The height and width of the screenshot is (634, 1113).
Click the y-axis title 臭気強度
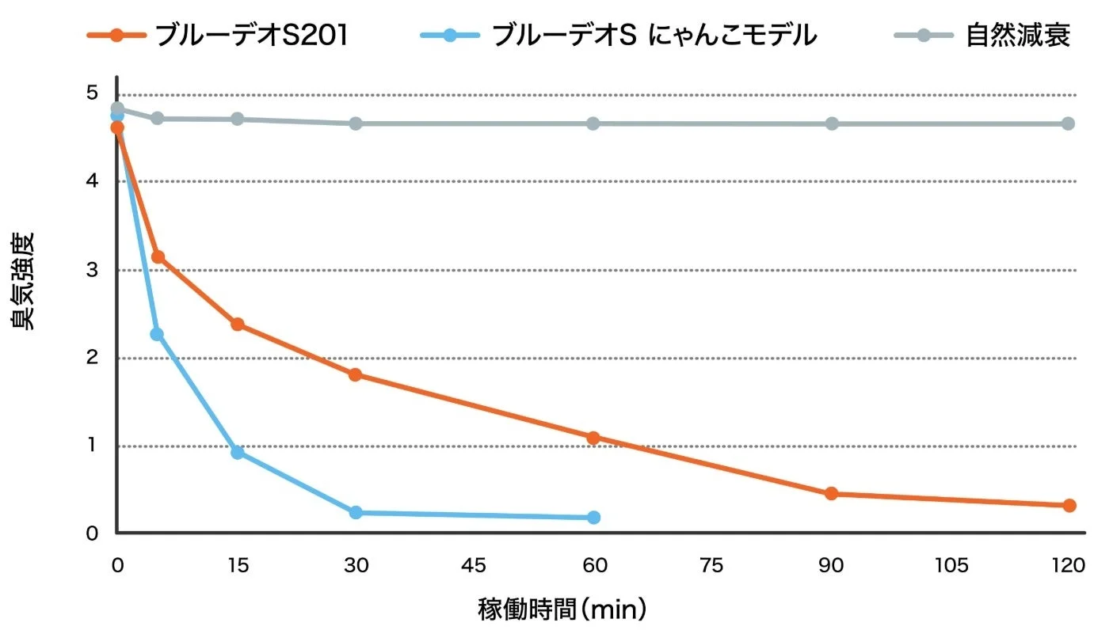(23, 281)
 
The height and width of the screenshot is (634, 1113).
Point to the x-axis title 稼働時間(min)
(562, 610)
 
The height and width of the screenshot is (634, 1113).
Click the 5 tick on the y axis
(93, 93)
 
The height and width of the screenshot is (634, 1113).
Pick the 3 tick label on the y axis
(93, 270)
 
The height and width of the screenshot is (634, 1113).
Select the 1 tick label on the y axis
(93, 446)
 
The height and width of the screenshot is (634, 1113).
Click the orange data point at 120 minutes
(1069, 505)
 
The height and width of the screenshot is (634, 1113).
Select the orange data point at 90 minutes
(831, 494)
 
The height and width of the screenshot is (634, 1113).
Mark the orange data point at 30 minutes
(356, 374)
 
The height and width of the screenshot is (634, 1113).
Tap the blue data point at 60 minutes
(593, 518)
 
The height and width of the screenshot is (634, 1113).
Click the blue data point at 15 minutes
(237, 453)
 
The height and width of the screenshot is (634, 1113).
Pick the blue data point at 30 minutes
(356, 513)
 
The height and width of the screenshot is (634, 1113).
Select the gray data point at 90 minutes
(832, 123)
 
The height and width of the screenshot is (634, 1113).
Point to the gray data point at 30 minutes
(356, 123)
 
